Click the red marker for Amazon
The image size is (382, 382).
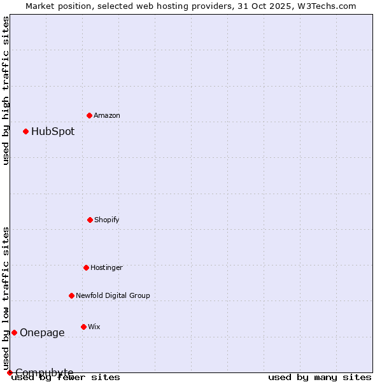pyautogui.click(x=89, y=115)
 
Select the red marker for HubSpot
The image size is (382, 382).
pyautogui.click(x=25, y=131)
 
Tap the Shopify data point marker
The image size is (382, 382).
pyautogui.click(x=90, y=220)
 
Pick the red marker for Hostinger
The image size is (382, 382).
pyautogui.click(x=86, y=267)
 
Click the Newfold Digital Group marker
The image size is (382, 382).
pyautogui.click(x=71, y=295)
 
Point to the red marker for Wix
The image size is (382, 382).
pyautogui.click(x=83, y=327)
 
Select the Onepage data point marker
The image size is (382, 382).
pyautogui.click(x=14, y=332)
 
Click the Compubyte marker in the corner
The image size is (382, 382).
pyautogui.click(x=10, y=372)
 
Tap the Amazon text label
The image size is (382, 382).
pyautogui.click(x=107, y=115)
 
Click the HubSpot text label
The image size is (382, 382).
pyautogui.click(x=53, y=132)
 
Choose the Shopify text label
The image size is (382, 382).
pyautogui.click(x=107, y=220)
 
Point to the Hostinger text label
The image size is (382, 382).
pyautogui.click(x=106, y=267)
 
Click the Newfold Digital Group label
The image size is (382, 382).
pyautogui.click(x=113, y=295)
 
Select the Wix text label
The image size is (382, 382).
pyautogui.click(x=94, y=327)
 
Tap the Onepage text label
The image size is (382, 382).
pyautogui.click(x=42, y=333)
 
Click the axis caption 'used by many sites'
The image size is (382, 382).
pyautogui.click(x=320, y=377)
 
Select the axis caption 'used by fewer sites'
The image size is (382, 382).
pyautogui.click(x=66, y=377)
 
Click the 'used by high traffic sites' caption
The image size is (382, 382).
pyautogui.click(x=6, y=91)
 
